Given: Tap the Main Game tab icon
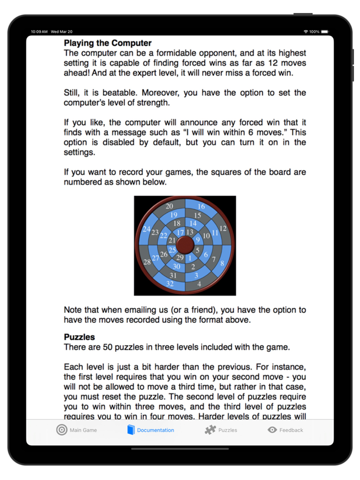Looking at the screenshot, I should [62, 430].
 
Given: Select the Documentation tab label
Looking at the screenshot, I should [155, 430].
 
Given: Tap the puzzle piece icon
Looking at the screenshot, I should [210, 430].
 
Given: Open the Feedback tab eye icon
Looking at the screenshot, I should [272, 430].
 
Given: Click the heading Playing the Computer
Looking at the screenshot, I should [107, 43].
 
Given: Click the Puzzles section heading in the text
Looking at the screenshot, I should [79, 337].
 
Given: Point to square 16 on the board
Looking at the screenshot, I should [201, 206].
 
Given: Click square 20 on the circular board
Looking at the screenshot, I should [169, 206].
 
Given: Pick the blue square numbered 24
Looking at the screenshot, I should [147, 229].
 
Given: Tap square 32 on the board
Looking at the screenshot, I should [170, 284].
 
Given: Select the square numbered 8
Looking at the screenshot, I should [222, 263].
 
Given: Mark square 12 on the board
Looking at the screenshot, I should [222, 228].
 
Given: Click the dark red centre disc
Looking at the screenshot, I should [185, 245].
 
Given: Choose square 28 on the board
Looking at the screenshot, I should [147, 262].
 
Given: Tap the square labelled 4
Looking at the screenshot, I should [199, 284].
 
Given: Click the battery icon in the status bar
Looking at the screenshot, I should [325, 32].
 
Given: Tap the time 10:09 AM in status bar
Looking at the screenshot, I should [39, 32].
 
